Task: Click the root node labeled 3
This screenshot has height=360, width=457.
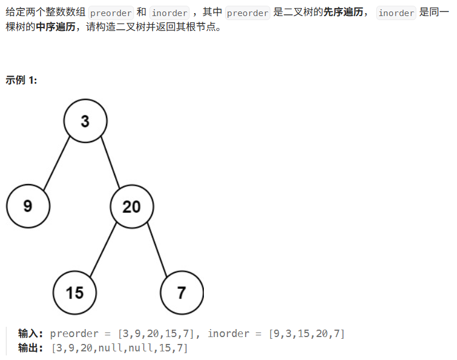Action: (x=85, y=121)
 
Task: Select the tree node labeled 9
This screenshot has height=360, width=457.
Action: (x=28, y=206)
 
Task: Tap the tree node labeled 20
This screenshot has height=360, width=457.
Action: (x=131, y=206)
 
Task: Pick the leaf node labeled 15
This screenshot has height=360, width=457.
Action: (x=74, y=292)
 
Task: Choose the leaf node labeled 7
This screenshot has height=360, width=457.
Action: (x=182, y=292)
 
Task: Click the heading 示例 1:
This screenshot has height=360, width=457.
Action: (x=21, y=80)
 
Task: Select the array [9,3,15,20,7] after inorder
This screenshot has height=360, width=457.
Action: (x=307, y=334)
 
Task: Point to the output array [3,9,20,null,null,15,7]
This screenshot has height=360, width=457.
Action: (x=119, y=347)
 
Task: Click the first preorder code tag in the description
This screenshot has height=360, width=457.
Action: (x=111, y=13)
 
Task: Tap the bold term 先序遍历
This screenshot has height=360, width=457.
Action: (x=344, y=12)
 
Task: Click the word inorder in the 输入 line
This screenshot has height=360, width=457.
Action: (x=229, y=334)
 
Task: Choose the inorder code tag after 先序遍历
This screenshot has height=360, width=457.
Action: (x=396, y=13)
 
